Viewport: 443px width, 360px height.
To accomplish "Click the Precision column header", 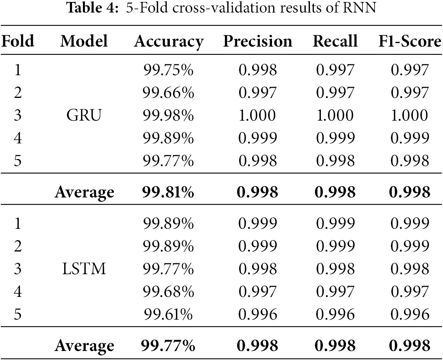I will tap(258, 42).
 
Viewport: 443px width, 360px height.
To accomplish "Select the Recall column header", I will tap(335, 42).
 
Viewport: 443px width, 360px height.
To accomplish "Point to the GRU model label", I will tap(84, 116).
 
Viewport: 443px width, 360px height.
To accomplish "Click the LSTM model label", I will tap(84, 270).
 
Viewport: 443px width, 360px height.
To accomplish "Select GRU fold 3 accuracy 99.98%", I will tap(168, 116).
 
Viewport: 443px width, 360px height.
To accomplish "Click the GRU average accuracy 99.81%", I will tap(168, 192).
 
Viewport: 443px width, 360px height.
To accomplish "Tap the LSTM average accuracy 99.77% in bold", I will tap(168, 346).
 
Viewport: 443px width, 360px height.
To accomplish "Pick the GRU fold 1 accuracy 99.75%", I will tap(168, 71).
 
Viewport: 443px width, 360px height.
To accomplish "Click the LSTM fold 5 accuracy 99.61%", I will tap(168, 315).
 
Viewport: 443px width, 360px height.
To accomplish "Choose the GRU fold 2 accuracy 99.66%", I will tap(168, 93).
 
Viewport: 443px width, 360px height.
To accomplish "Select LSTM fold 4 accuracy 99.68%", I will tap(168, 292).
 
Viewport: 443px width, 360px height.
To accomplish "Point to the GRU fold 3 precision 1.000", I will tap(257, 116).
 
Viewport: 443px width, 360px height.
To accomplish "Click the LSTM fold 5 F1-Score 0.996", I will tap(409, 315).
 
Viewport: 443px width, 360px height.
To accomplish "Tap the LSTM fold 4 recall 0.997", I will tap(335, 292).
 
